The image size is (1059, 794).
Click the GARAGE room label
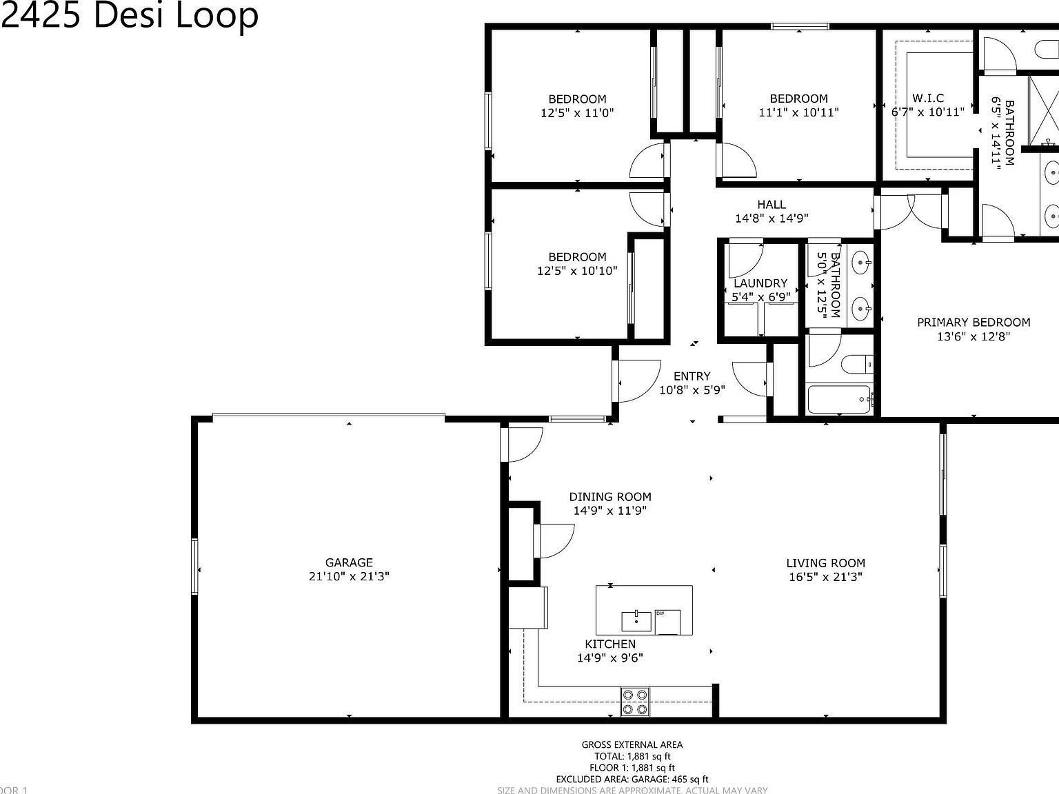[x=349, y=562]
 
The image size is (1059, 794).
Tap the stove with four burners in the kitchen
[x=634, y=702]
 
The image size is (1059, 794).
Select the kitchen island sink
[x=636, y=620]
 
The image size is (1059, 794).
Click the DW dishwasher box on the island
[x=667, y=622]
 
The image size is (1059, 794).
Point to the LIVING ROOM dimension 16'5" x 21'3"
[x=825, y=578]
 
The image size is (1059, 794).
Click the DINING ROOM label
[x=610, y=496]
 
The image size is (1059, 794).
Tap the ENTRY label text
[x=692, y=376]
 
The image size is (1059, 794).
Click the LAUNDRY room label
[x=760, y=283]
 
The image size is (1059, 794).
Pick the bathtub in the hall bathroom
[x=838, y=399]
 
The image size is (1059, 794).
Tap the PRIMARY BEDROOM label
[x=973, y=322]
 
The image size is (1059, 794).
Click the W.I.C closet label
[x=928, y=98]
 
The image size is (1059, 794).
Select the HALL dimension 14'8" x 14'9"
[x=771, y=218]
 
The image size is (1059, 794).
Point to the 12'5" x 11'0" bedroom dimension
[x=577, y=112]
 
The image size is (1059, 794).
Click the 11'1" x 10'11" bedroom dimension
[x=798, y=112]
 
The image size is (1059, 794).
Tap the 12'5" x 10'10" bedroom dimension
[x=577, y=271]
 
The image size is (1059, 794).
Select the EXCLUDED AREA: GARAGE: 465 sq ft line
[x=632, y=779]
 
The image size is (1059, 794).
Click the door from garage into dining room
[x=523, y=445]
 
